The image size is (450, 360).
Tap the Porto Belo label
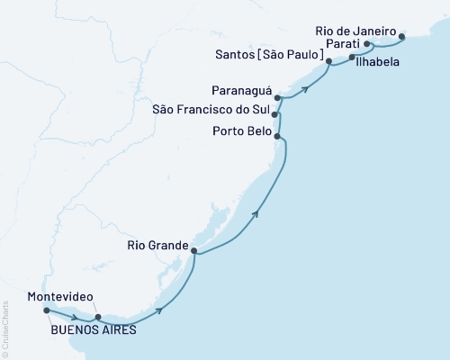point(240,130)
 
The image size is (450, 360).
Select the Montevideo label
point(59,296)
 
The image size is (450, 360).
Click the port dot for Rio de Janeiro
point(401,37)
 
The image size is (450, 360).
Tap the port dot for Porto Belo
point(277,137)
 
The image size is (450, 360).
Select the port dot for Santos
point(328,60)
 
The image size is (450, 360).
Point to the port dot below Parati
point(351,56)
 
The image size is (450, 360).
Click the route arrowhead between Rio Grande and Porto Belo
point(257,213)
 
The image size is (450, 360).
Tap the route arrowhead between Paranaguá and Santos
point(307,87)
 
